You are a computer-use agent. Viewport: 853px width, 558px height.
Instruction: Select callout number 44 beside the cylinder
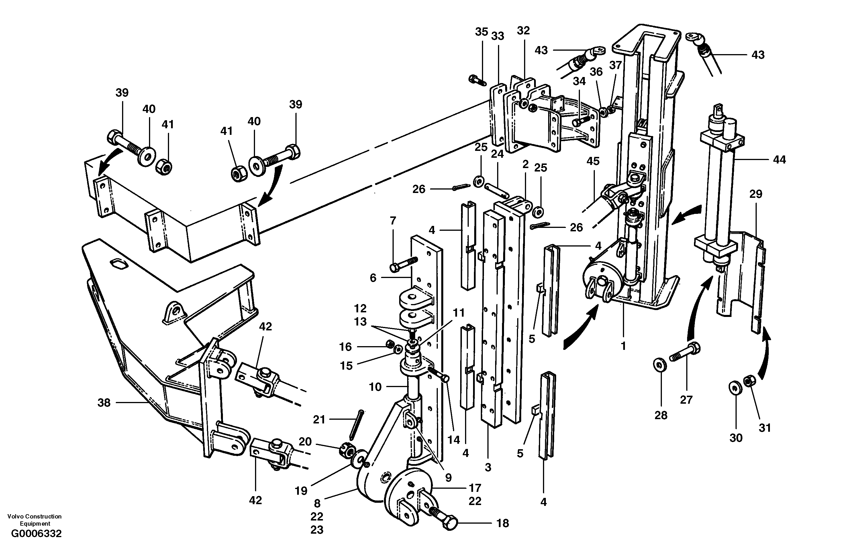click(779, 160)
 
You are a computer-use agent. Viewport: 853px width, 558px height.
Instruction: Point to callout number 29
click(756, 194)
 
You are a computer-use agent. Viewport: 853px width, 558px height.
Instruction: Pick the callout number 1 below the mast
click(623, 346)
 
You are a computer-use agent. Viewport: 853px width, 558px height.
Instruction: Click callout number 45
click(593, 161)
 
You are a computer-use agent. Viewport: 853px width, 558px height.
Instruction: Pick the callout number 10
click(375, 387)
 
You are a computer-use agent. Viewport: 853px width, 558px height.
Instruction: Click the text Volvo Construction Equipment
click(34, 520)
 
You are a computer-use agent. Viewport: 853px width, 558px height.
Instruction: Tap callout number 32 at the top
click(523, 30)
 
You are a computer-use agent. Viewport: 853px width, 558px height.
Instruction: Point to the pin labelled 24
click(496, 190)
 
